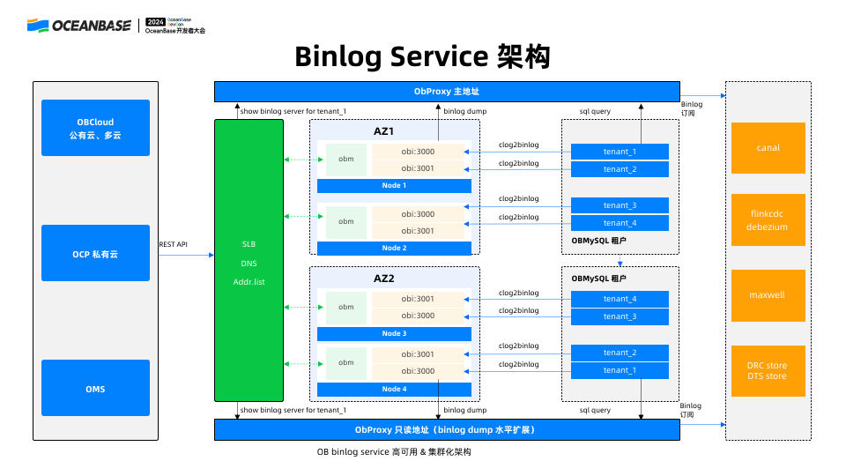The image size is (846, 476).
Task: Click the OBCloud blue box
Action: pos(95,128)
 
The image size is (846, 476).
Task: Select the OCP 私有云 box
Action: pos(95,253)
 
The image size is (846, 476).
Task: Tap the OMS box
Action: pos(95,388)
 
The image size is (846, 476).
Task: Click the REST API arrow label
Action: pos(173,244)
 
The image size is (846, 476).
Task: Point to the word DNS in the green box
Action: pos(249,263)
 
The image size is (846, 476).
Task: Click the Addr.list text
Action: pos(249,281)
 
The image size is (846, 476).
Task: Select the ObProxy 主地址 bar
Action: pos(447,92)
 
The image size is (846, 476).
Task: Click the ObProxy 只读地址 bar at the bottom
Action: pos(447,430)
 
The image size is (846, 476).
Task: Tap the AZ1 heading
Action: pos(384,131)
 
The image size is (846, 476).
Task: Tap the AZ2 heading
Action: pos(384,278)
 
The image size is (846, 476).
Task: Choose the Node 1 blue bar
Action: pos(394,185)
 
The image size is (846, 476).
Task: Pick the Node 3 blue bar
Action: pos(394,334)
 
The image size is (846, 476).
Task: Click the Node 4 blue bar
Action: pos(394,389)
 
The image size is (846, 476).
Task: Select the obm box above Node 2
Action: pos(346,222)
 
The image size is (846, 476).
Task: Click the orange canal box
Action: pos(768,148)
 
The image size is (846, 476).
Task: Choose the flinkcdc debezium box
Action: pos(768,220)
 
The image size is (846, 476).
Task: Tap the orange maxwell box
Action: pos(768,294)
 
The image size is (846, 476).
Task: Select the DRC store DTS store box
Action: pos(768,370)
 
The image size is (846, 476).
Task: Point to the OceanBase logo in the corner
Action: pos(81,26)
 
